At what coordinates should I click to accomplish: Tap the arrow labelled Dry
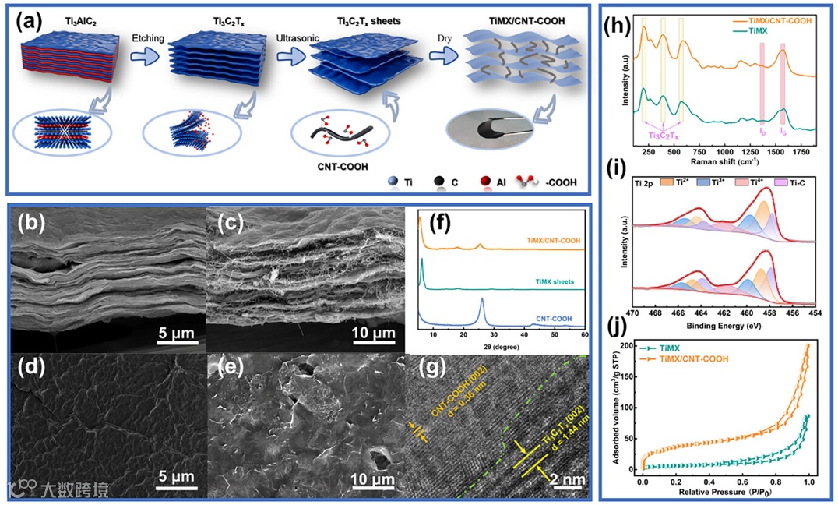click(441, 55)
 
